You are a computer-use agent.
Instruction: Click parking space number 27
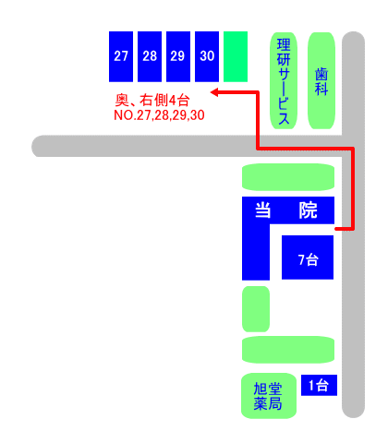pyautogui.click(x=121, y=56)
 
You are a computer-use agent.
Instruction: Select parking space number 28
pyautogui.click(x=150, y=56)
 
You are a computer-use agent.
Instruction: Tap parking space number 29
pyautogui.click(x=178, y=56)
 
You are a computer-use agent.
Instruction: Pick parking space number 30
pyautogui.click(x=207, y=56)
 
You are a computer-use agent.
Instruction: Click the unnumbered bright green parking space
pyautogui.click(x=236, y=56)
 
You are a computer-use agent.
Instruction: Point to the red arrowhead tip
pyautogui.click(x=211, y=92)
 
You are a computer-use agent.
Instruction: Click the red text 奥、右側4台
pyautogui.click(x=152, y=101)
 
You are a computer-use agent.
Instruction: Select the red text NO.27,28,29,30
pyautogui.click(x=159, y=115)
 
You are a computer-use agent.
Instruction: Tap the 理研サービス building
pyautogui.click(x=284, y=80)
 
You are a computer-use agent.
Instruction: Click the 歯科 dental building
pyautogui.click(x=321, y=80)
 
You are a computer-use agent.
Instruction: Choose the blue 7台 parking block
pyautogui.click(x=308, y=257)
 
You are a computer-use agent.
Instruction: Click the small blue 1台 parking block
pyautogui.click(x=319, y=385)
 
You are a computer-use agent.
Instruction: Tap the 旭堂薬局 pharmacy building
pyautogui.click(x=269, y=396)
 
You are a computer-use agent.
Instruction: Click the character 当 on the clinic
pyautogui.click(x=263, y=210)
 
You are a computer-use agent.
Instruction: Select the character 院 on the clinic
pyautogui.click(x=308, y=210)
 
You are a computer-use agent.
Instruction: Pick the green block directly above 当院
pyautogui.click(x=288, y=177)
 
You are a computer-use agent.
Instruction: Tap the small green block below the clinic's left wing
pyautogui.click(x=256, y=309)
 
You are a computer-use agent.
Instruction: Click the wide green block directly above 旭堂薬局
pyautogui.click(x=288, y=350)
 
